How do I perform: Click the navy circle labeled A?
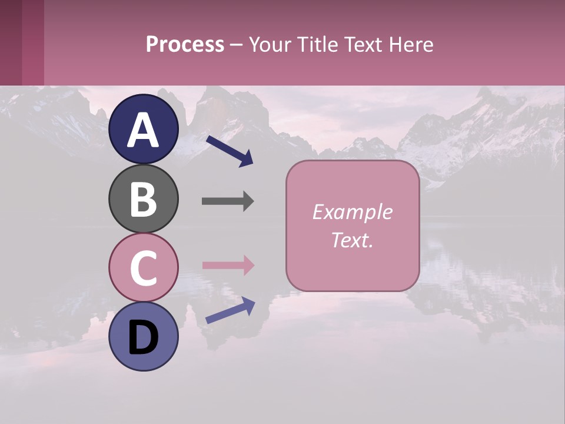tap(144, 129)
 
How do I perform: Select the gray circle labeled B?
tap(144, 198)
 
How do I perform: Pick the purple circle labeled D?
tap(144, 336)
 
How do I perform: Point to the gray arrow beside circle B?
tap(228, 201)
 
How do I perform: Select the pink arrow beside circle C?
tap(228, 265)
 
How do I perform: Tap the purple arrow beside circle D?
tap(230, 310)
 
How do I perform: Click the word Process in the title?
tap(185, 45)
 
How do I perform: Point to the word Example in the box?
tap(352, 212)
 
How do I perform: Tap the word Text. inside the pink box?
tap(352, 240)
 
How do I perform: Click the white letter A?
tap(144, 130)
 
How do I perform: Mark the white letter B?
tap(144, 199)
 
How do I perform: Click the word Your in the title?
tap(270, 45)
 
